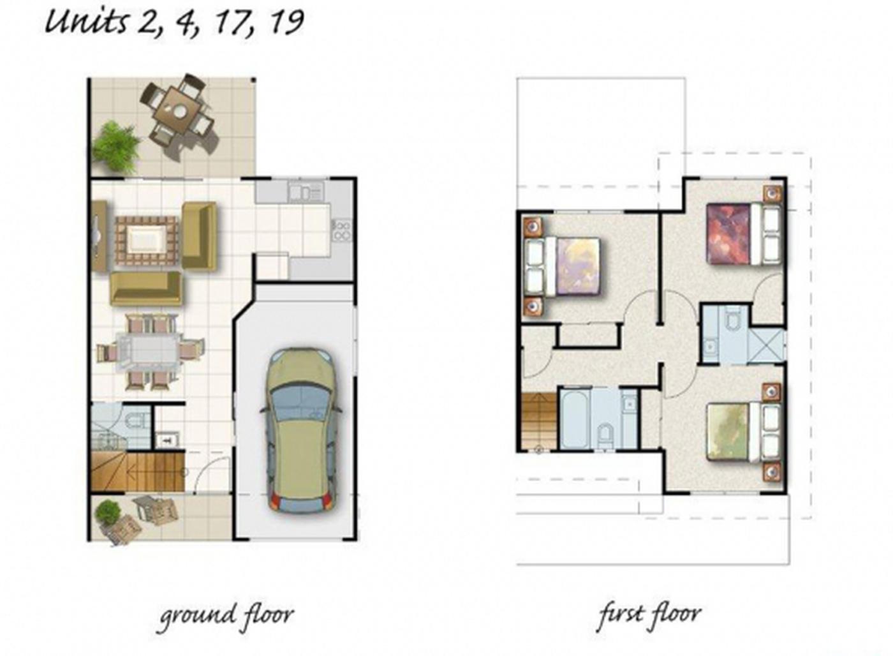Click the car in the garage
(x=301, y=430)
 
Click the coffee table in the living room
(x=146, y=241)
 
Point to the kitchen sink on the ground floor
(x=306, y=192)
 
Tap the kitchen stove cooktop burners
(x=343, y=230)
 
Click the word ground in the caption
(x=197, y=615)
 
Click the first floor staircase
(x=538, y=422)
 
